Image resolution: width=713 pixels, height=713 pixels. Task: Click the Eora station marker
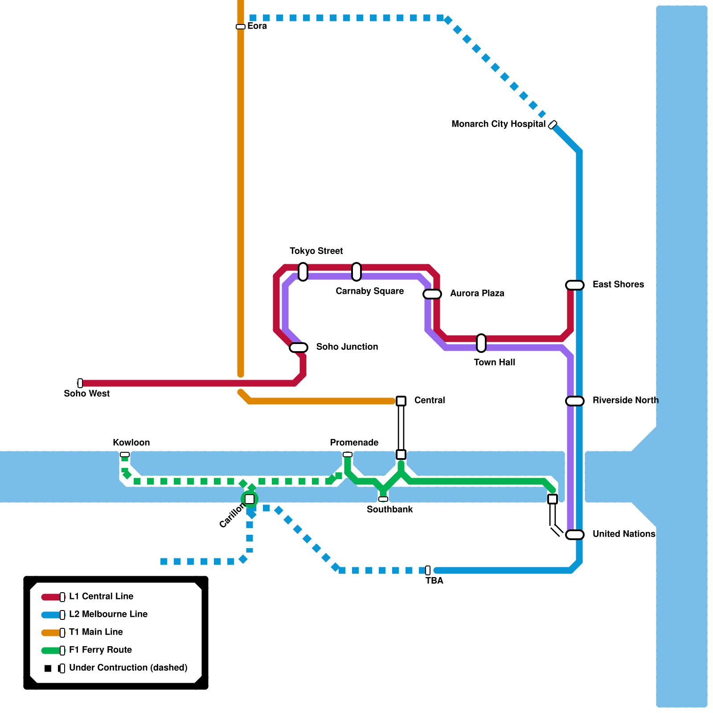pyautogui.click(x=241, y=27)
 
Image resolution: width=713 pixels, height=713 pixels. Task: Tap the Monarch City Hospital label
pyautogui.click(x=498, y=124)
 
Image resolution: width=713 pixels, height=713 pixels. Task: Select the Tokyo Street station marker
pyautogui.click(x=303, y=271)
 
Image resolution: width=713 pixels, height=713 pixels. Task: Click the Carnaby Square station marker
pyautogui.click(x=356, y=271)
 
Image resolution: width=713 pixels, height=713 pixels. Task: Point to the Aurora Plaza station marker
pyautogui.click(x=432, y=294)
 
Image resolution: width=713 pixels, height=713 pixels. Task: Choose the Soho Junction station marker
pyautogui.click(x=299, y=347)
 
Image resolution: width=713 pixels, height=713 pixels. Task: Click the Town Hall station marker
pyautogui.click(x=481, y=343)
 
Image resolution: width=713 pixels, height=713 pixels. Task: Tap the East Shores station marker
pyautogui.click(x=574, y=285)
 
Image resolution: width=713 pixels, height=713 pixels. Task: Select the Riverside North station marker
pyautogui.click(x=574, y=401)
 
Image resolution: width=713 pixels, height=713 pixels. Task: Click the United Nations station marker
pyautogui.click(x=574, y=534)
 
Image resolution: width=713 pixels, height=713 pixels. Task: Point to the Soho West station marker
pyautogui.click(x=80, y=383)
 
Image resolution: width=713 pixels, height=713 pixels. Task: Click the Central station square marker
pyautogui.click(x=401, y=401)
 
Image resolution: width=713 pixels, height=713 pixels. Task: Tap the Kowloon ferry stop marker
pyautogui.click(x=125, y=455)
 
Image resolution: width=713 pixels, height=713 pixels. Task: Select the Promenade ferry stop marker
pyautogui.click(x=348, y=455)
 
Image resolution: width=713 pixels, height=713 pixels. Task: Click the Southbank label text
pyautogui.click(x=389, y=509)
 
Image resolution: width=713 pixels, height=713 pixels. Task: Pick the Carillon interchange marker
pyautogui.click(x=250, y=499)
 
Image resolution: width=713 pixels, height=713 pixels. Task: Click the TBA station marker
pyautogui.click(x=428, y=570)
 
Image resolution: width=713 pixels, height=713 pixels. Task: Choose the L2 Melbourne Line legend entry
pyautogui.click(x=108, y=614)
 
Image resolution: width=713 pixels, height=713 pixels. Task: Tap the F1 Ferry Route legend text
pyautogui.click(x=100, y=650)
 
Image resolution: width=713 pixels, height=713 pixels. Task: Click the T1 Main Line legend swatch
pyautogui.click(x=51, y=632)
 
